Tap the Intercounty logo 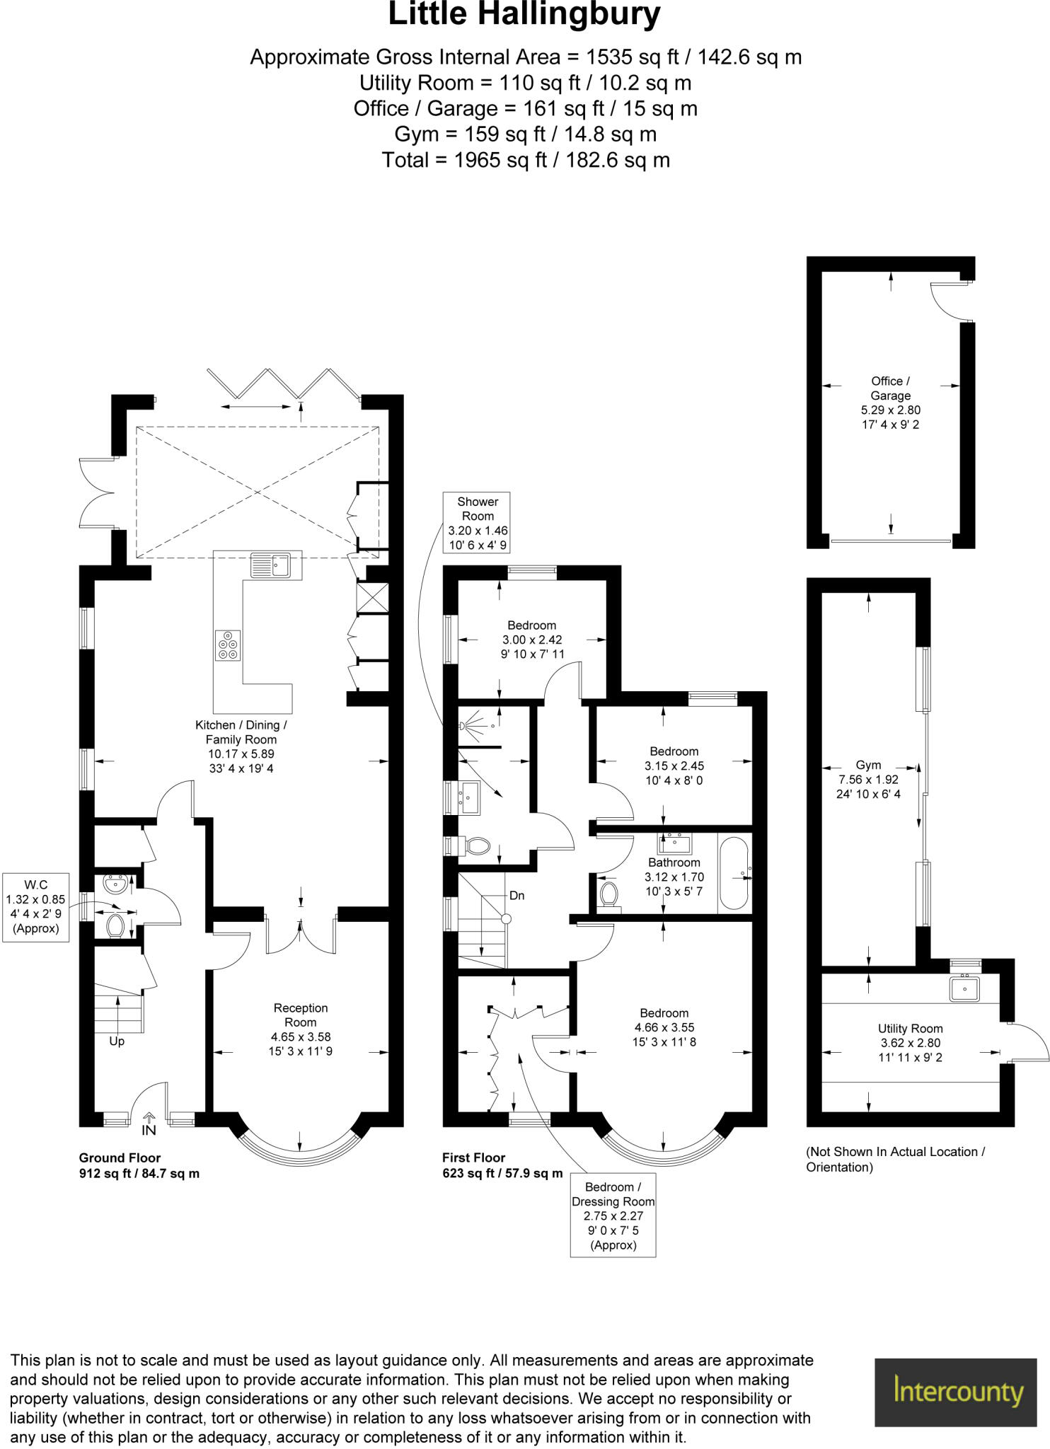[959, 1392]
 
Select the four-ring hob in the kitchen [228, 645]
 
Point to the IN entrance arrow [149, 1123]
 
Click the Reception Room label [301, 1015]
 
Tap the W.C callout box [35, 906]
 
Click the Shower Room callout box [477, 523]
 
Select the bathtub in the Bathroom [734, 874]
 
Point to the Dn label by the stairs [517, 896]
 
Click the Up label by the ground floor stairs [117, 1041]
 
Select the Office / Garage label [890, 388]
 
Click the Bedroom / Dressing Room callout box [613, 1215]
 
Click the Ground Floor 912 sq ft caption [139, 1165]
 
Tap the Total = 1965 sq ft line [525, 160]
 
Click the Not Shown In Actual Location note [895, 1159]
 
